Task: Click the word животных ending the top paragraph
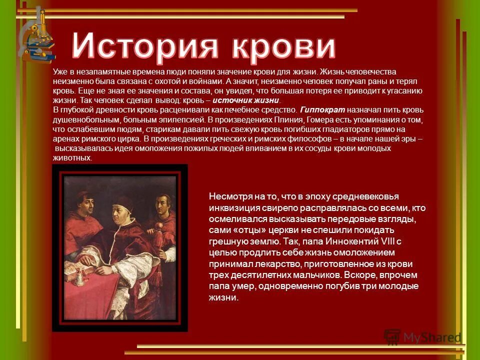click(72, 158)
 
